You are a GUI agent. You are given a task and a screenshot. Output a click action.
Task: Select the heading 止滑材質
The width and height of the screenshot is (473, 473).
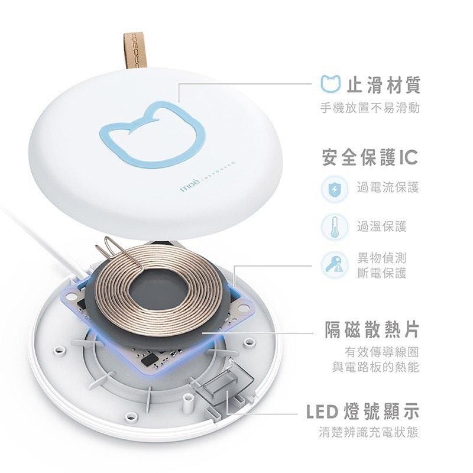383,85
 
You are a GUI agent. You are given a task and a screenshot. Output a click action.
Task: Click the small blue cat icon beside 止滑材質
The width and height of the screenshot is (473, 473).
331,85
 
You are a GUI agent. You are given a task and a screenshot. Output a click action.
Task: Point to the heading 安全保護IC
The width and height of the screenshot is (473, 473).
370,157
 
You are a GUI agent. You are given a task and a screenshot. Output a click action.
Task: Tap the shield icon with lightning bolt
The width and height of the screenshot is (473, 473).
331,189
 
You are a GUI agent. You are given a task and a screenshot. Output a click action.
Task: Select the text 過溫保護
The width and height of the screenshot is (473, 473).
381,226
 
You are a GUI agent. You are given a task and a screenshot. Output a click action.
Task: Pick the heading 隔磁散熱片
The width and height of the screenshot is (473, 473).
372,329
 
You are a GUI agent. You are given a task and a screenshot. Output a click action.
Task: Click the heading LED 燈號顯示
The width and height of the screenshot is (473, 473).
363,410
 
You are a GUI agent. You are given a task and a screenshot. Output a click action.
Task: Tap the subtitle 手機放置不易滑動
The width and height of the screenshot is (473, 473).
370,108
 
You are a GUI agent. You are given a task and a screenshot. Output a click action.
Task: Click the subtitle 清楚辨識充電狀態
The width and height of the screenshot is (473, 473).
369,432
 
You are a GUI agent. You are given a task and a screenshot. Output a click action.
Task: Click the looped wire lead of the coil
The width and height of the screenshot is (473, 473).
116,248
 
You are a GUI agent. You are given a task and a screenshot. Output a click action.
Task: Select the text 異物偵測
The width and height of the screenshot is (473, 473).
381,258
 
